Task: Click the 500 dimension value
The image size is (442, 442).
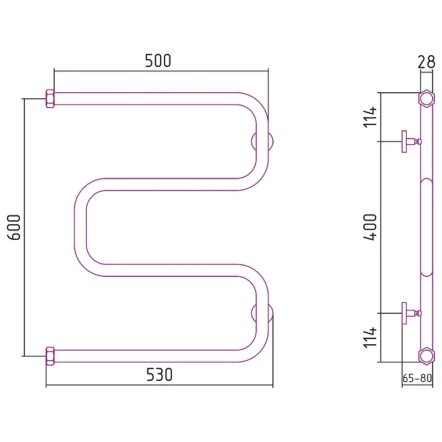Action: coord(158,60)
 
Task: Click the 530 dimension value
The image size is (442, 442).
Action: coord(159,375)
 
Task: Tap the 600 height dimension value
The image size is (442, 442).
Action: coord(14,227)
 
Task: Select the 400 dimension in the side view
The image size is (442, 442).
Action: coord(370,227)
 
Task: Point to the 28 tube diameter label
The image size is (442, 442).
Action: coord(426,62)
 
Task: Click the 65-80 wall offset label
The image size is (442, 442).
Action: coord(417,378)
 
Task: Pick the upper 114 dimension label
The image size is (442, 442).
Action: coord(370,117)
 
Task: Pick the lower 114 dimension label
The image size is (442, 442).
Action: coord(370,338)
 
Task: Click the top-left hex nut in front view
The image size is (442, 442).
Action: coord(50,99)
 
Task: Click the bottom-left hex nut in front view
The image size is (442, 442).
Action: coord(50,356)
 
